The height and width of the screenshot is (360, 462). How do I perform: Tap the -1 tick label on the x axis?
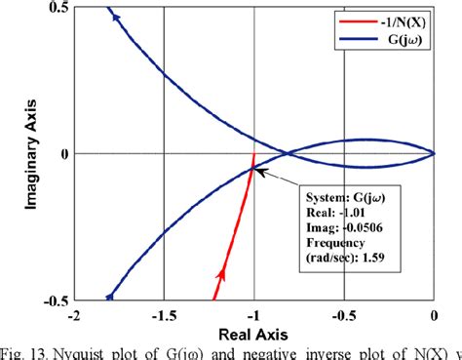[253, 315]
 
